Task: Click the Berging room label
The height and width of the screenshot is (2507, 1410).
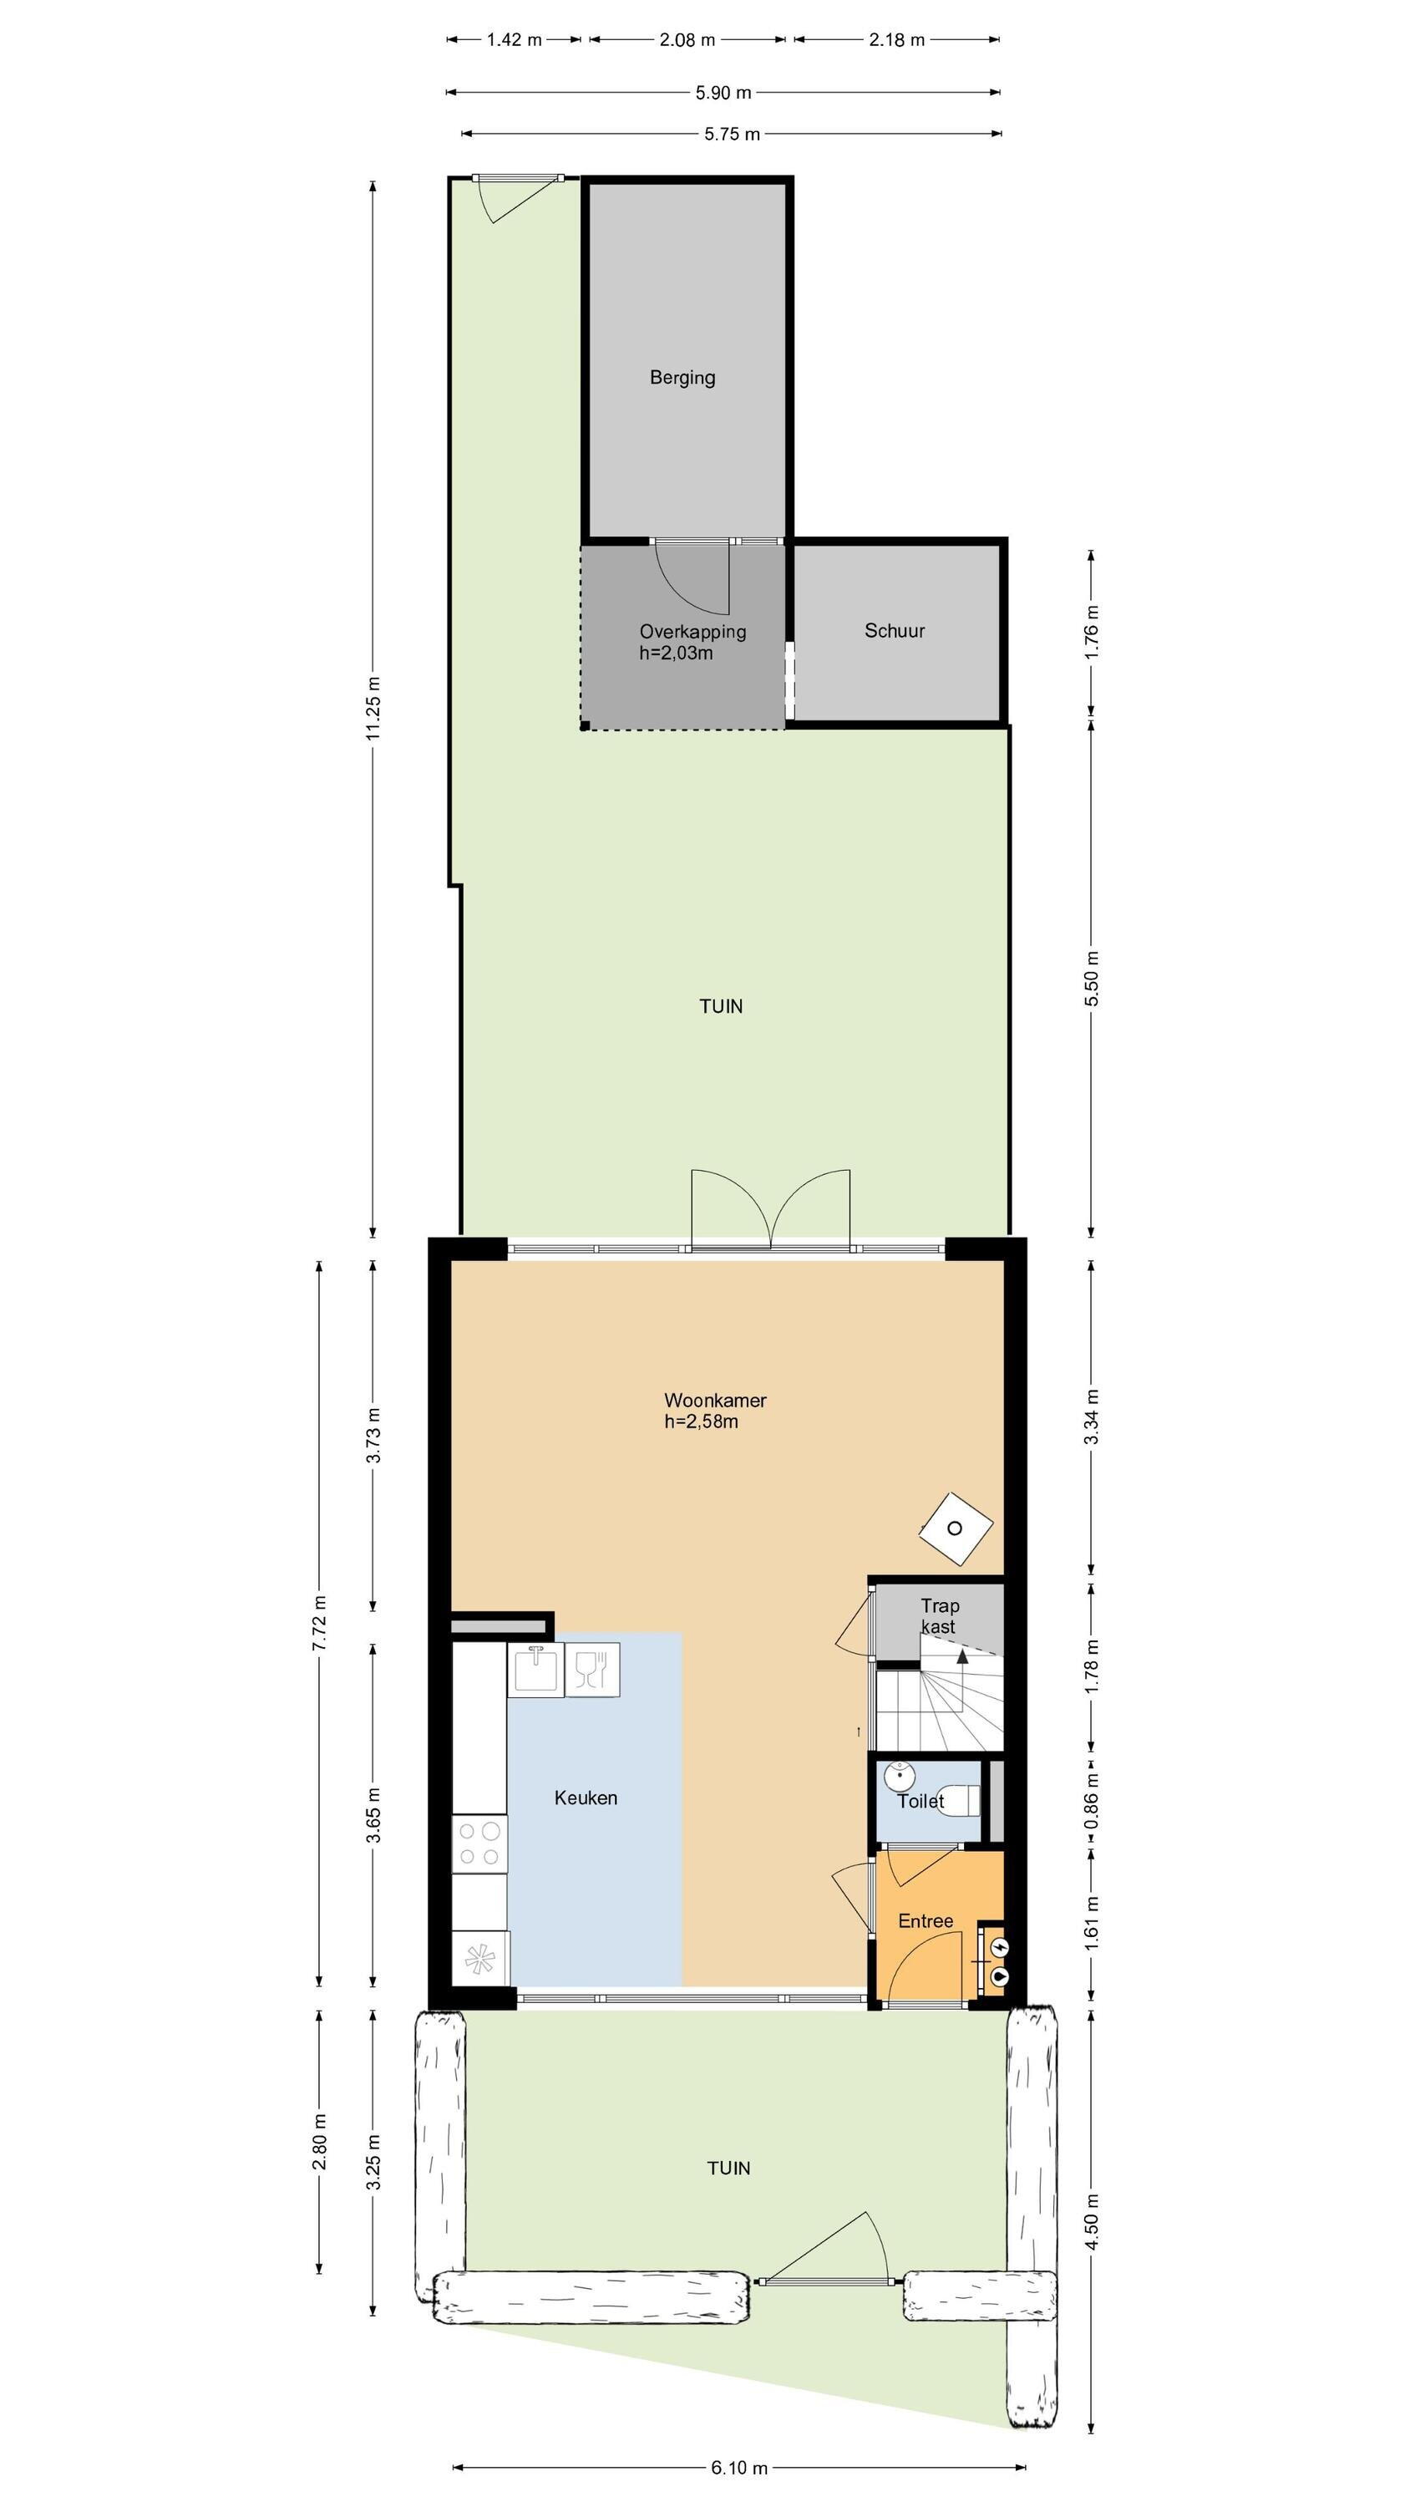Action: pyautogui.click(x=682, y=378)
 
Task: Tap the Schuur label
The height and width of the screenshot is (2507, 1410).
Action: pyautogui.click(x=895, y=631)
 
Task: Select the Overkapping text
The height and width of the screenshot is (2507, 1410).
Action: pyautogui.click(x=692, y=632)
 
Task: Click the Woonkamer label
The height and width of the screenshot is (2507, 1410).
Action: pyautogui.click(x=715, y=1401)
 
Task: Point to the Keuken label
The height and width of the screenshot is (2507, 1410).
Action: pyautogui.click(x=586, y=1798)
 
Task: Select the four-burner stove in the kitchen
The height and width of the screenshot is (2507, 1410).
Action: pyautogui.click(x=479, y=1843)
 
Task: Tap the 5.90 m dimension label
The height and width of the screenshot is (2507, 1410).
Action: pyautogui.click(x=723, y=94)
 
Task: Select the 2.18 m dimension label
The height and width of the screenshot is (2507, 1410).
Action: pyautogui.click(x=897, y=40)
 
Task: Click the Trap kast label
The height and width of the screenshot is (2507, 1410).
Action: pyautogui.click(x=939, y=1615)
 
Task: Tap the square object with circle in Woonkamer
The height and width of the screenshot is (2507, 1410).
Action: pyautogui.click(x=956, y=1528)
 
